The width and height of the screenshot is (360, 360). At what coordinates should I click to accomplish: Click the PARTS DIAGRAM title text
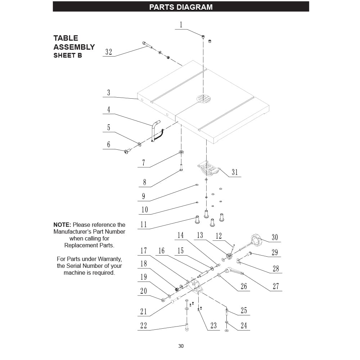pos(181,7)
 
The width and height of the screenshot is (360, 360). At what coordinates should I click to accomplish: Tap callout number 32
pos(109,52)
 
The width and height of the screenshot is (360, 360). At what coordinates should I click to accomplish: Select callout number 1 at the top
pos(181,25)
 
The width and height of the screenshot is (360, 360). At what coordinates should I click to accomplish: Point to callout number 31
pos(235,172)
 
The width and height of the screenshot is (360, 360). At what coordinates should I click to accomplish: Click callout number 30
pos(275,237)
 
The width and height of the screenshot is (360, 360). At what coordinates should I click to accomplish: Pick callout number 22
pos(144,326)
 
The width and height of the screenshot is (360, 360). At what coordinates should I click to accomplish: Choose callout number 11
pos(144,225)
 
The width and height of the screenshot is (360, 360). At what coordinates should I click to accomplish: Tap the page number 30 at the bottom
pos(181,346)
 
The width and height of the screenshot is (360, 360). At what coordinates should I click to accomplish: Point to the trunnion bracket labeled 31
pos(209,169)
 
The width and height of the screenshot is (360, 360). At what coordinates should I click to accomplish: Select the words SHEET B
pos(68,55)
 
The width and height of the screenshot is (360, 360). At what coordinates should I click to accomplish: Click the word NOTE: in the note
pos(62,225)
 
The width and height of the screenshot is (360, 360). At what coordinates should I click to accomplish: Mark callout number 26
pos(244,287)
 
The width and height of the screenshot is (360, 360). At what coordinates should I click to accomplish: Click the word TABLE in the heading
pos(66,38)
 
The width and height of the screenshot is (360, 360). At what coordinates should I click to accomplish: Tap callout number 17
pos(144,251)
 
